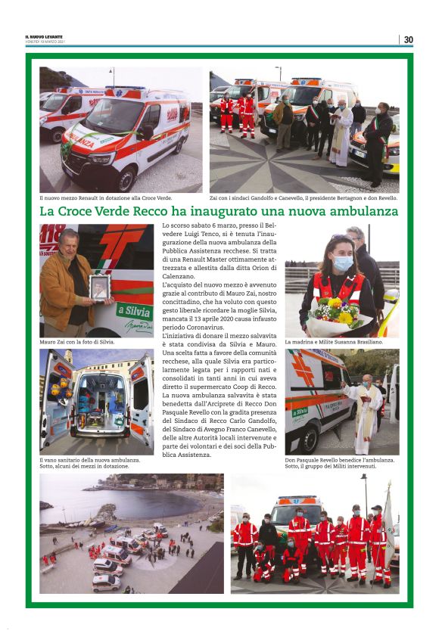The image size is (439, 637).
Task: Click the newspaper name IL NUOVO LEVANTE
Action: (44, 36)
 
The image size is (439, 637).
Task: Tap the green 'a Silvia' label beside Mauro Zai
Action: (136, 312)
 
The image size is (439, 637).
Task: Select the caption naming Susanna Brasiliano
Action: (334, 342)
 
